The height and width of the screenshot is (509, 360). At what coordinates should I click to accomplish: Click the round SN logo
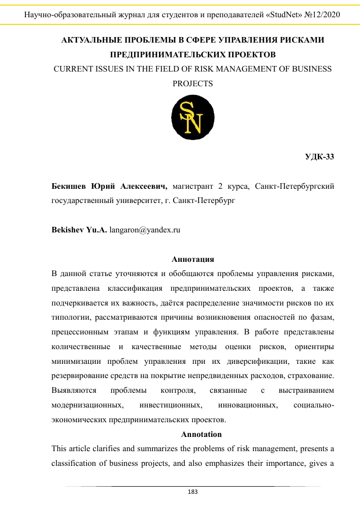(x=193, y=118)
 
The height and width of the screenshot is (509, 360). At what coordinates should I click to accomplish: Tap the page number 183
(x=193, y=492)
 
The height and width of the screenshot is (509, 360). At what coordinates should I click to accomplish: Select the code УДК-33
(x=319, y=156)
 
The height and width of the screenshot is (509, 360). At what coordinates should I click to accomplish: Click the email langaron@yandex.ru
(x=145, y=229)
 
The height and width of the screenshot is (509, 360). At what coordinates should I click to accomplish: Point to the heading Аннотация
(x=193, y=259)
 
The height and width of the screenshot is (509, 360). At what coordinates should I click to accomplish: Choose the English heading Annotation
(x=202, y=434)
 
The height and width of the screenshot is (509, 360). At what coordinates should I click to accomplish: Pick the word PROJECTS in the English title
(x=193, y=84)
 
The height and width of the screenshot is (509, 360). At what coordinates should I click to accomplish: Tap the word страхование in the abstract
(x=312, y=377)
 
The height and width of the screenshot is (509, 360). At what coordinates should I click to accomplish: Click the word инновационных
(x=247, y=406)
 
